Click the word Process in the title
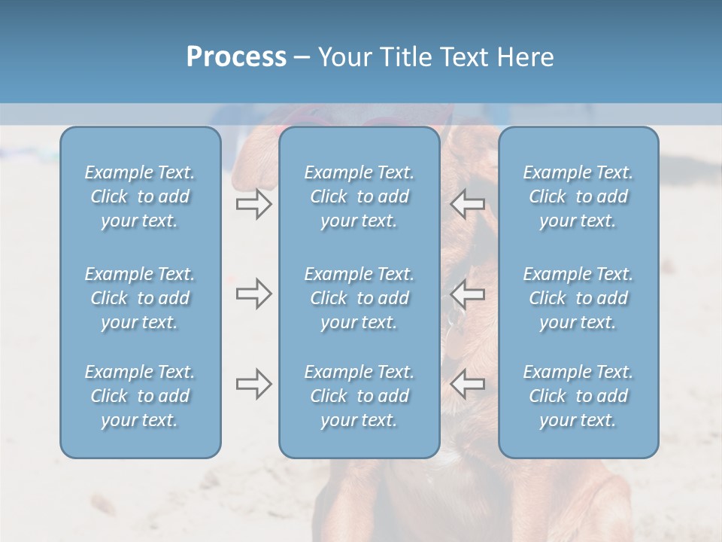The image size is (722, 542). click(236, 57)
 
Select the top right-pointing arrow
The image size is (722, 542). click(254, 204)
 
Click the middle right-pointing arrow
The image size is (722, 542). click(254, 294)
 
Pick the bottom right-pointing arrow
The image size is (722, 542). click(254, 384)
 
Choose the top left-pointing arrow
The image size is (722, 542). click(468, 204)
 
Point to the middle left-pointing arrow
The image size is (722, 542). click(468, 294)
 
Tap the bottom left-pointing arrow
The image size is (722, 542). click(468, 384)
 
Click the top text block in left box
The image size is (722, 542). click(140, 196)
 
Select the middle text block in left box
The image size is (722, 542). click(140, 298)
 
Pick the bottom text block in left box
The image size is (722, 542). click(140, 396)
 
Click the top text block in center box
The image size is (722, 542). click(359, 196)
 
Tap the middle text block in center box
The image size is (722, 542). click(359, 298)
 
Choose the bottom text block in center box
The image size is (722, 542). click(359, 396)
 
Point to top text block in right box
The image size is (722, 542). click(578, 196)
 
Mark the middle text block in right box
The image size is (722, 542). click(578, 298)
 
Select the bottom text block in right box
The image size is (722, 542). click(578, 396)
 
